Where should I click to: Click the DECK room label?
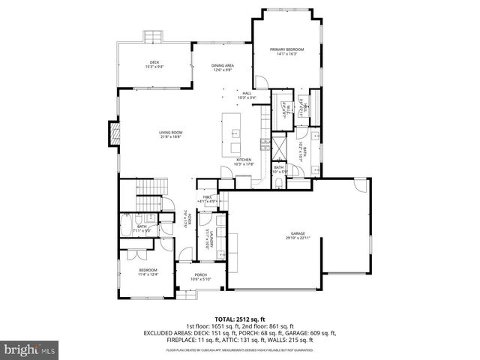click(154, 62)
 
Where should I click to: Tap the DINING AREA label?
click(223, 65)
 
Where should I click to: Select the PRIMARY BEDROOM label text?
click(287, 50)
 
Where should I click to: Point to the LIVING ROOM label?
click(170, 133)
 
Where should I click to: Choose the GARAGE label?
click(298, 233)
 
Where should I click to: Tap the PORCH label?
click(200, 274)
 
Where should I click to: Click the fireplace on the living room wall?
click(115, 133)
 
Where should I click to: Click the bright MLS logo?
click(30, 349)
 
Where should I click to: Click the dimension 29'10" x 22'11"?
click(298, 238)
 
